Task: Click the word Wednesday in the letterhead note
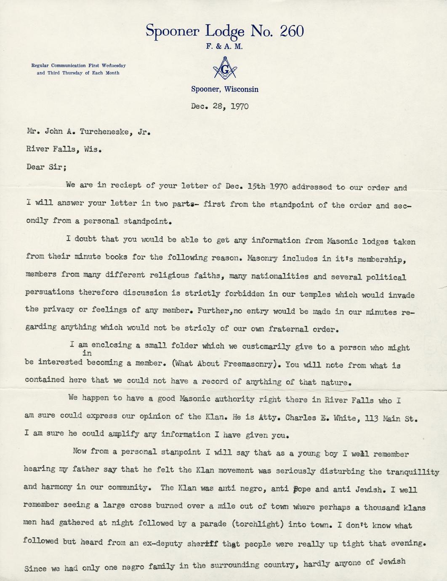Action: click(x=112, y=66)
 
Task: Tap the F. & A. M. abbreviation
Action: click(x=225, y=47)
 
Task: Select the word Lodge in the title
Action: click(x=225, y=31)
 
